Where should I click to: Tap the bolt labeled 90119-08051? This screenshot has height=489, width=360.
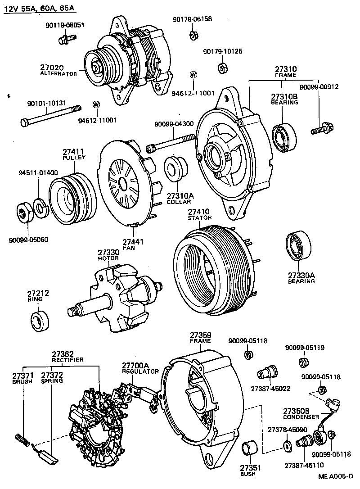(64, 39)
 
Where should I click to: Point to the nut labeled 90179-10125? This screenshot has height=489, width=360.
(222, 68)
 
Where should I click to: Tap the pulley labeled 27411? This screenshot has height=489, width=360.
(71, 194)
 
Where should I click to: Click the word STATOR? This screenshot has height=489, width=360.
(199, 218)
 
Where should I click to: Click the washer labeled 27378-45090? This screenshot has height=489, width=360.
(287, 445)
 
